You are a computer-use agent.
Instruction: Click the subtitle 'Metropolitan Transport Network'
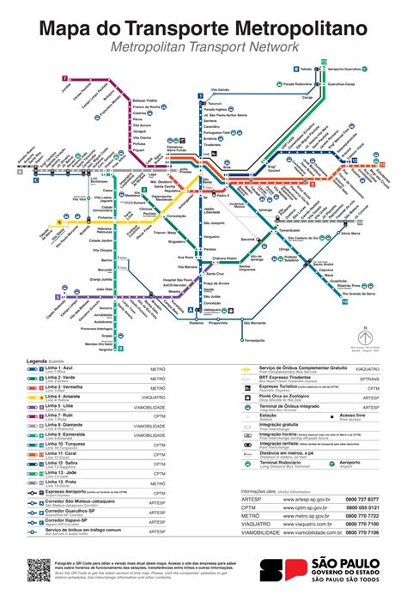[x=203, y=48]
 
